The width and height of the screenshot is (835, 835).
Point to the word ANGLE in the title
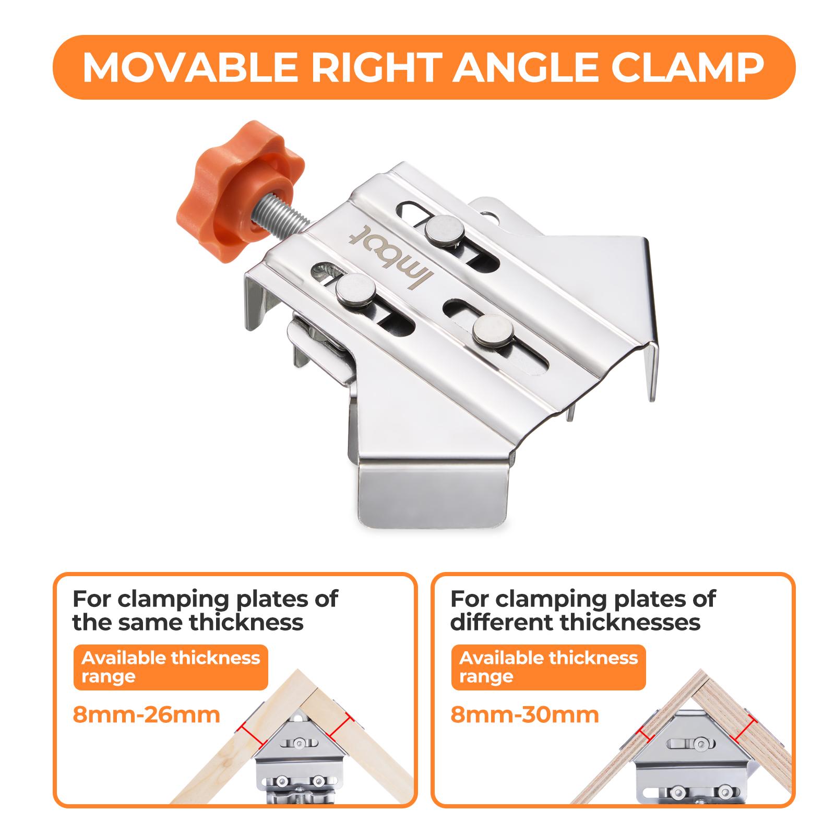point(524,67)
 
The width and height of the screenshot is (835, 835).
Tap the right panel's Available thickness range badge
point(548,667)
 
